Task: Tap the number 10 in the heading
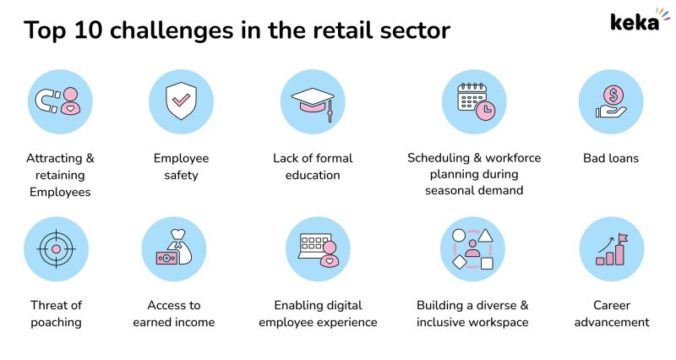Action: pos(90,30)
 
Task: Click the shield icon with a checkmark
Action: pos(181,101)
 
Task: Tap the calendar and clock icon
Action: pos(474,101)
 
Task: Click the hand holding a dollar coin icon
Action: pos(611,101)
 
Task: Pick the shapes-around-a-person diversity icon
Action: pos(472,249)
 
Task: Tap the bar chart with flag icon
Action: pos(611,249)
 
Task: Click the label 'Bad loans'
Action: pos(611,158)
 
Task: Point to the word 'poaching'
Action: pos(56,322)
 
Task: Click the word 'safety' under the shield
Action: pos(181,175)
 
